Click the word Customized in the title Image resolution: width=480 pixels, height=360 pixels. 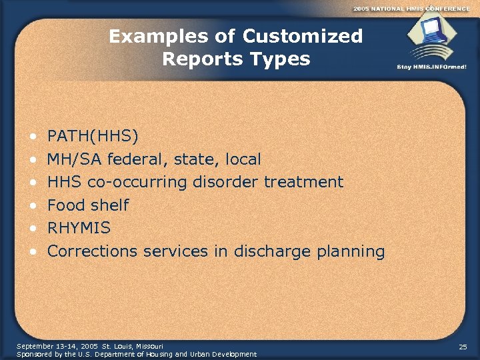click(x=303, y=36)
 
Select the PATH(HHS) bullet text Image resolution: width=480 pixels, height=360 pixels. click(x=93, y=137)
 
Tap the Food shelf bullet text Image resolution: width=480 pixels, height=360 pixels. click(x=88, y=205)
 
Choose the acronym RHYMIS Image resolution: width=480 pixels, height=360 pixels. click(x=79, y=228)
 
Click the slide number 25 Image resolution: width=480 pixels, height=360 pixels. click(x=463, y=347)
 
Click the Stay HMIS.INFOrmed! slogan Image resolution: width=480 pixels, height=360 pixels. click(x=431, y=67)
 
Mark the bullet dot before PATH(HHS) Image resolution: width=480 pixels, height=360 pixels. click(x=32, y=137)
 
